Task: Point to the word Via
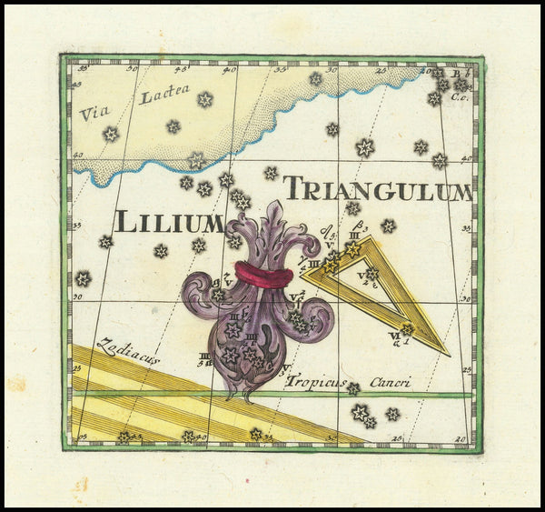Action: pos(93,114)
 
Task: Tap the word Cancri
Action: pos(390,382)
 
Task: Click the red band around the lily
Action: pos(263,275)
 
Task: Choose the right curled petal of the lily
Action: pos(318,314)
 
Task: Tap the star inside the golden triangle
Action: pos(372,274)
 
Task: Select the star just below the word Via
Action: pos(111,135)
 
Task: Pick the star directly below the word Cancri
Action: pos(392,414)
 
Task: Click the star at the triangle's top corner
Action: pos(352,248)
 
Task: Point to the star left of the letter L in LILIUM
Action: pos(105,242)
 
